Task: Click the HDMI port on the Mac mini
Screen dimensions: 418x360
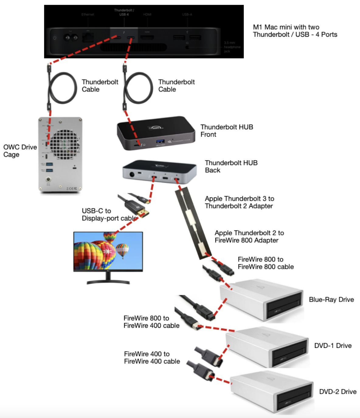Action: click(x=147, y=38)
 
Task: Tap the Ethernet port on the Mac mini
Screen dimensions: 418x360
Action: click(x=88, y=38)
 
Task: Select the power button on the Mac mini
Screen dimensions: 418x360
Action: click(x=55, y=38)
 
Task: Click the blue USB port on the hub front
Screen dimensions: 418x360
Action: click(x=160, y=142)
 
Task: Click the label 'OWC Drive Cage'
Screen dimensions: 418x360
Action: click(x=20, y=151)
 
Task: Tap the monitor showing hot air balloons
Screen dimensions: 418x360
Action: click(x=108, y=251)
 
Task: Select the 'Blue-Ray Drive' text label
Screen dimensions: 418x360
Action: click(x=331, y=300)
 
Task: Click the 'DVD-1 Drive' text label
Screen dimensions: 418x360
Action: click(x=333, y=346)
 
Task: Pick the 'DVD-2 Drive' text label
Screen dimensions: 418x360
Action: click(x=337, y=392)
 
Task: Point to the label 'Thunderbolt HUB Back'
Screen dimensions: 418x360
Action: click(x=231, y=166)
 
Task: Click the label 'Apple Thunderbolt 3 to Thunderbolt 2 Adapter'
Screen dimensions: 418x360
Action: click(x=239, y=202)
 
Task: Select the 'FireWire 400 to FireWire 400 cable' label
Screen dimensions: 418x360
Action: click(x=152, y=357)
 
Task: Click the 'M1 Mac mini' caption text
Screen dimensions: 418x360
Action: click(x=295, y=31)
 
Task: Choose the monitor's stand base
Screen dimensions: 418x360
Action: click(x=108, y=282)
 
